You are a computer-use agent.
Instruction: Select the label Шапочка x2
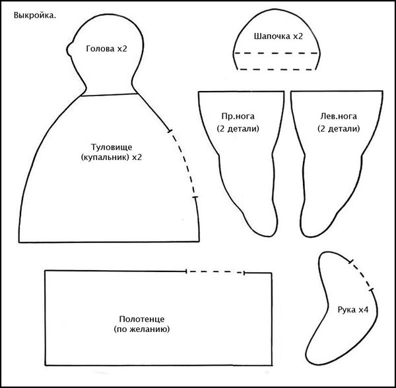point(278,37)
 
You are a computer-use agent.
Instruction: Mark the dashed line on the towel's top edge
point(215,271)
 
